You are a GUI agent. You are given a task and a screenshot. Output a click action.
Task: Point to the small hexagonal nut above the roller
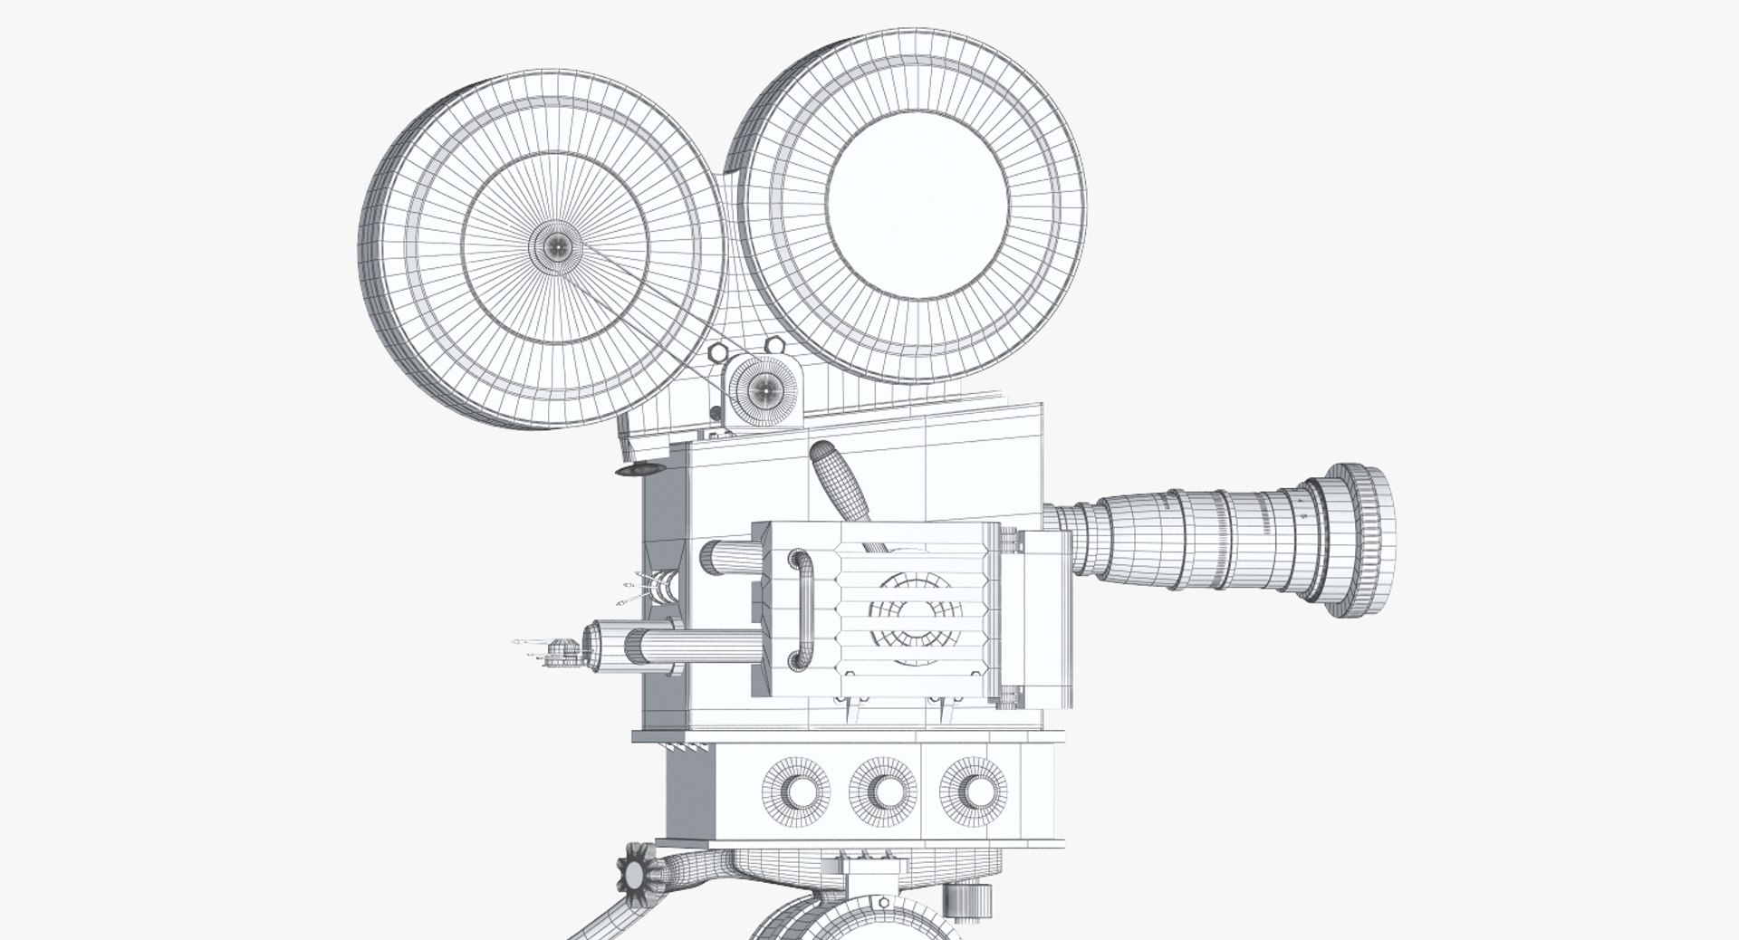point(773,346)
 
